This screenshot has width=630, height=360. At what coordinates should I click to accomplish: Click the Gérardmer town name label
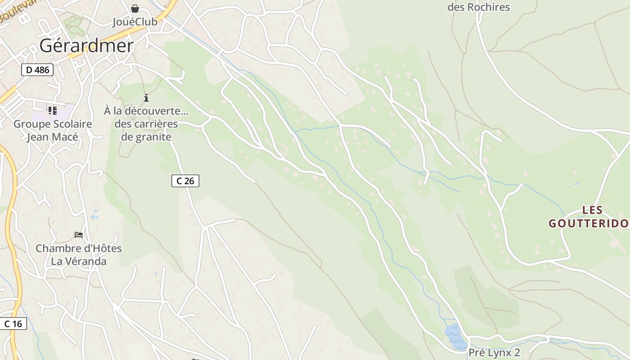click(86, 45)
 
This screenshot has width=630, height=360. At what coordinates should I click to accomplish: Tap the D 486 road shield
click(37, 70)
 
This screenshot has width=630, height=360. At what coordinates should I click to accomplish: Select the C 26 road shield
click(185, 181)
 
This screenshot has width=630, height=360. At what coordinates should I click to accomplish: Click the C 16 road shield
click(13, 324)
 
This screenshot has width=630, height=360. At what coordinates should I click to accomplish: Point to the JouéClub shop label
click(135, 22)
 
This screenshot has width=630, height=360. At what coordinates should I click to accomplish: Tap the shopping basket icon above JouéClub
click(135, 9)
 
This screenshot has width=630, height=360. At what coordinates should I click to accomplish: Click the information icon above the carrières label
click(146, 98)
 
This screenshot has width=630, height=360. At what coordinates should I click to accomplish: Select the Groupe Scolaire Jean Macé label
click(53, 130)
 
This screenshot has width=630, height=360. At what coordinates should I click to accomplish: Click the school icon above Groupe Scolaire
click(52, 110)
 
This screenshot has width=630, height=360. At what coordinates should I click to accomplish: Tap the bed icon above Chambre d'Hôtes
click(79, 235)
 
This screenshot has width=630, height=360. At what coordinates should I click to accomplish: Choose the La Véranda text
click(79, 261)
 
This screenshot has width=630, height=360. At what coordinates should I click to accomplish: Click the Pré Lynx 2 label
click(494, 352)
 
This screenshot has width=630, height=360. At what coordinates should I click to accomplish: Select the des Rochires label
click(478, 7)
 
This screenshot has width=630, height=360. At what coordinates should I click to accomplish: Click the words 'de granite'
click(146, 137)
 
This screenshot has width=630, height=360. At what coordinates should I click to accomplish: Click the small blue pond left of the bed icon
click(94, 215)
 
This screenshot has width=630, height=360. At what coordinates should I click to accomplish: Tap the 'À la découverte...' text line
click(146, 111)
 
